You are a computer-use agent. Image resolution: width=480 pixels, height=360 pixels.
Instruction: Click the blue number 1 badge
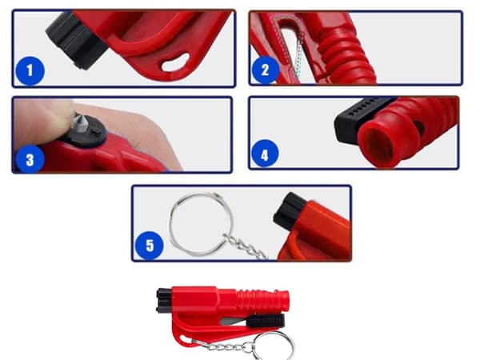point(30,70)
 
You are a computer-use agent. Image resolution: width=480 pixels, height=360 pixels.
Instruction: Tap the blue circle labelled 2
point(265,70)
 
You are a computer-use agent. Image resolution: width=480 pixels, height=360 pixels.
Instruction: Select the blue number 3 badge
point(30,159)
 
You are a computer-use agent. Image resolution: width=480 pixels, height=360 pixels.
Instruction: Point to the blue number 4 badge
point(265,154)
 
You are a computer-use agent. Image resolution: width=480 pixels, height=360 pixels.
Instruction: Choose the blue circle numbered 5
point(150,246)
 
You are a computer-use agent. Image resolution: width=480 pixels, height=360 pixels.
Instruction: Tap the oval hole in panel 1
point(176,62)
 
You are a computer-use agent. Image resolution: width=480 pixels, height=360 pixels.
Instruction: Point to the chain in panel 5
point(245,246)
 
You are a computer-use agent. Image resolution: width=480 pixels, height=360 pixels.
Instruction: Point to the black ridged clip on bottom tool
point(266,321)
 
